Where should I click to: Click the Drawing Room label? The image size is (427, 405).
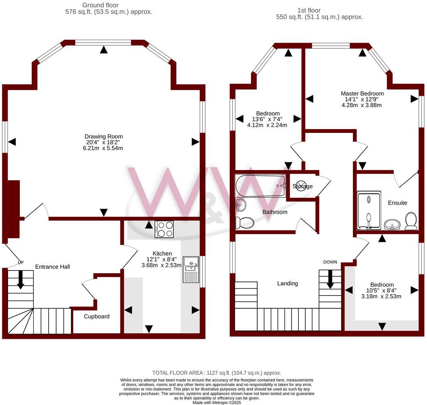103,136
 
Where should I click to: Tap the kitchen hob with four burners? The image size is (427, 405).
164,229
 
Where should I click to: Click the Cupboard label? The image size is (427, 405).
97,317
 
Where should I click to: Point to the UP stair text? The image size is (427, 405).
20,263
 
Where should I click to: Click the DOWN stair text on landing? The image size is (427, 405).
330,262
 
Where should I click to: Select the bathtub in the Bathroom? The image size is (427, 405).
260,186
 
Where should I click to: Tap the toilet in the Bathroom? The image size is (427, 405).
245,223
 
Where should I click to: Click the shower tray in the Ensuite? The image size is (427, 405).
369,211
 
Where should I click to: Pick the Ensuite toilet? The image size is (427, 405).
411,221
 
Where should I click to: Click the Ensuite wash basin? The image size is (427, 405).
393,225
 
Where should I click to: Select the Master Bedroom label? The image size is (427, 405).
362,94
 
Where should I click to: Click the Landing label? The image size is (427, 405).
288,283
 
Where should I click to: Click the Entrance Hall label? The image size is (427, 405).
53,267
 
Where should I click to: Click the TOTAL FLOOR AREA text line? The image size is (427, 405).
217,373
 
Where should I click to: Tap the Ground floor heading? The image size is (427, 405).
100,5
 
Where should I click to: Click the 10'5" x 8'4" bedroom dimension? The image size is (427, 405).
381,291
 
